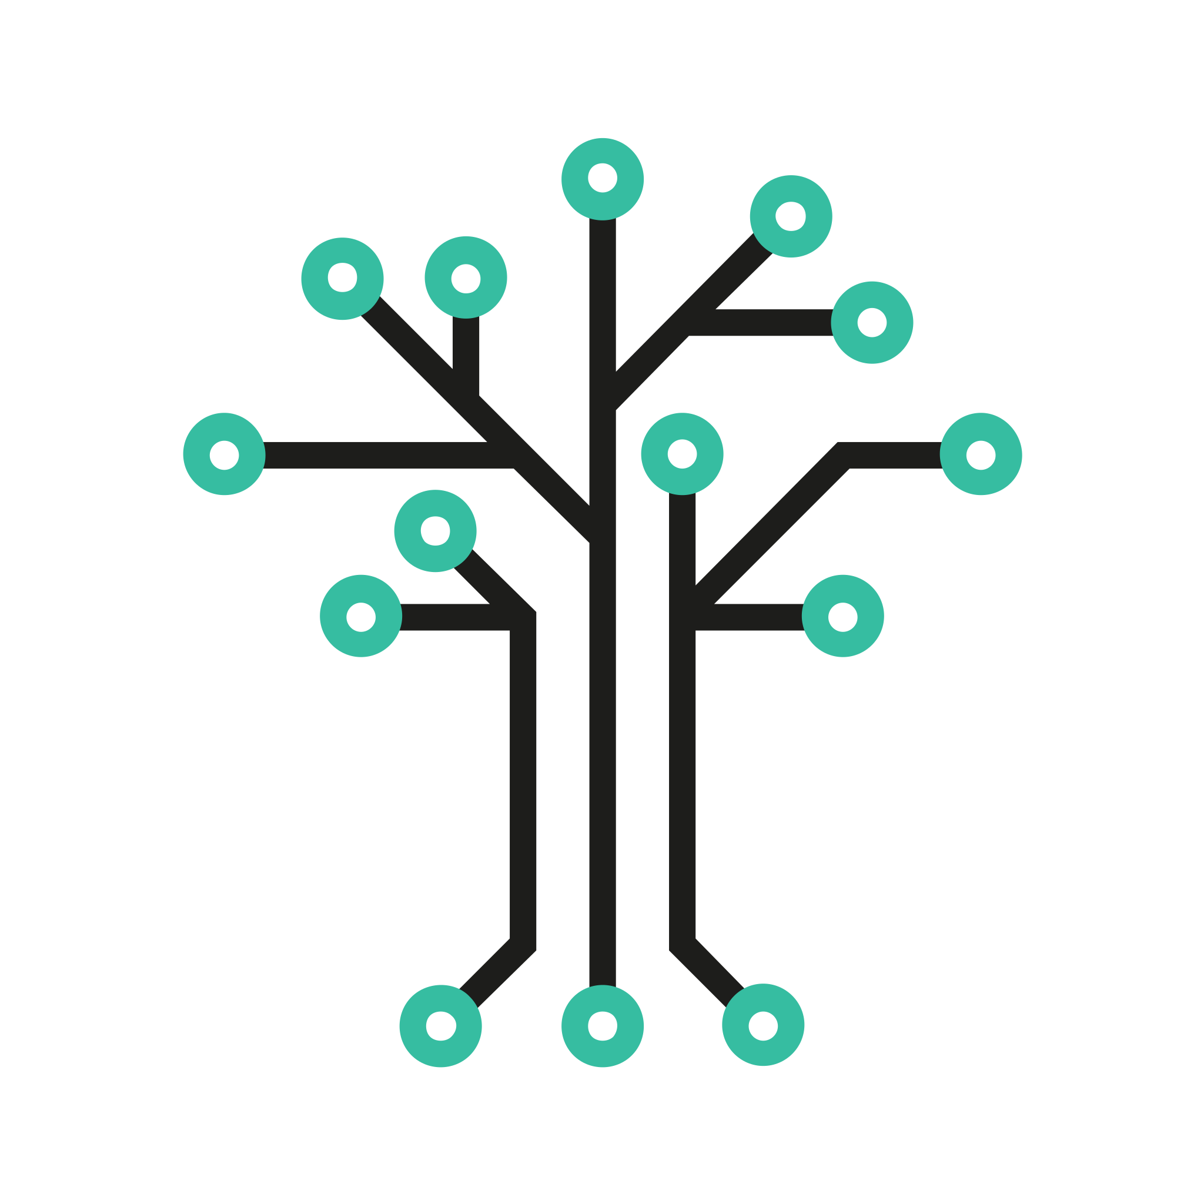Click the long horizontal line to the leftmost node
[x=374, y=455]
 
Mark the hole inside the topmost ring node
[x=602, y=178]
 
